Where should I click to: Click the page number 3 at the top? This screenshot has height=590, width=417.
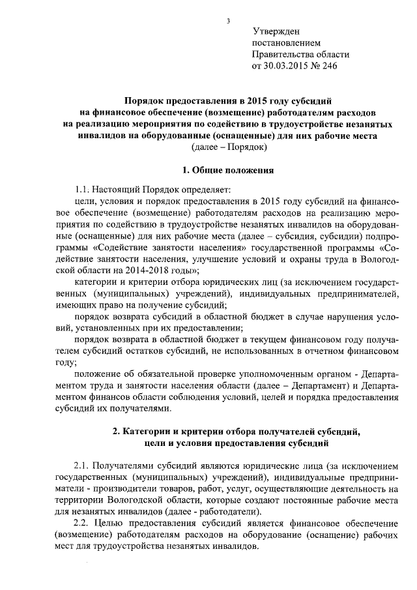point(228,20)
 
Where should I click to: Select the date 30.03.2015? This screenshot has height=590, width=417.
point(284,66)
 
